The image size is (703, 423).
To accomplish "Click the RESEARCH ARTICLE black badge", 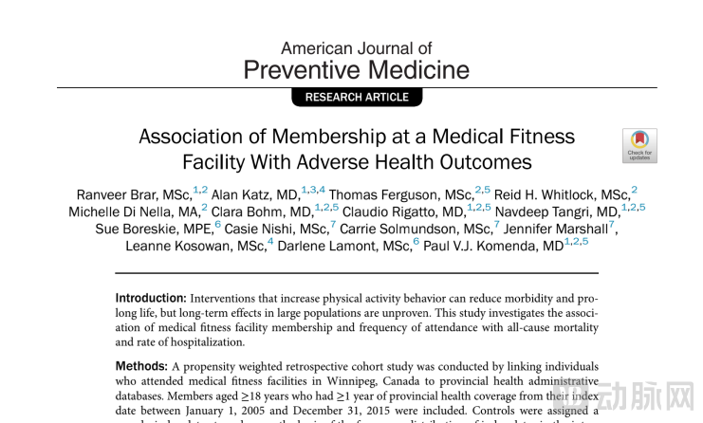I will [x=357, y=97].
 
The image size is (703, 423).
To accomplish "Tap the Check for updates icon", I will [x=639, y=145].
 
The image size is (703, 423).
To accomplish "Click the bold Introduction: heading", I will [x=151, y=299].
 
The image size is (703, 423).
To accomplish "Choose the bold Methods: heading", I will [x=141, y=366].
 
